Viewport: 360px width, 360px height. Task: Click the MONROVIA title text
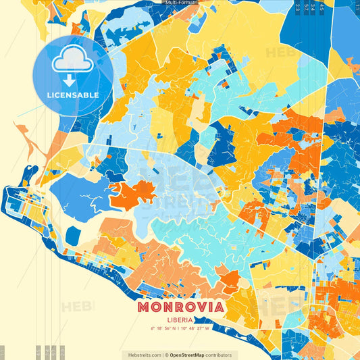181,307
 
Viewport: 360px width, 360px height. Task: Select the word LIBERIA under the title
181,319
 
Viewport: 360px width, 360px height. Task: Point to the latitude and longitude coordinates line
181,329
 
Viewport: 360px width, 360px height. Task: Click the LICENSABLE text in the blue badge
72,95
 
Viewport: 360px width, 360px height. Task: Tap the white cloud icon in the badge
72,62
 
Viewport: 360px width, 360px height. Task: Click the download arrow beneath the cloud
72,79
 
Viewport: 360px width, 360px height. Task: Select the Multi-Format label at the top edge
180,3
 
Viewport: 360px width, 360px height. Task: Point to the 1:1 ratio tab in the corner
3,353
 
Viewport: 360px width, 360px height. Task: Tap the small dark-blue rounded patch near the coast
73,236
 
